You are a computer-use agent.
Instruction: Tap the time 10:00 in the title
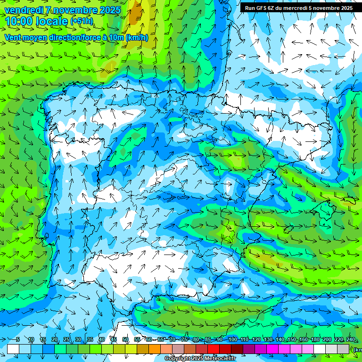pos(20,21)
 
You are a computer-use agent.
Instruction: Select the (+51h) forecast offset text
pos(82,21)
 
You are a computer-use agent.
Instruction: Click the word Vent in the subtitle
pos(13,37)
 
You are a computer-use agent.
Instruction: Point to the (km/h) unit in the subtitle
pos(137,37)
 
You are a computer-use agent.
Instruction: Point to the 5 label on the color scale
pos(17,340)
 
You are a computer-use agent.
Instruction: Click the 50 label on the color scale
pos(125,340)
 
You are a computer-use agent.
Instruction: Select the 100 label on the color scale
pos(233,340)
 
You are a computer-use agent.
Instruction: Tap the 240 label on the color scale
pos(350,340)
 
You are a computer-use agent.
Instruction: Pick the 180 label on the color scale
pos(315,340)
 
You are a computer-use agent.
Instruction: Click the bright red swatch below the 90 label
pos(214,349)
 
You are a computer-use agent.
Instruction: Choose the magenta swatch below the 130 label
pos(272,349)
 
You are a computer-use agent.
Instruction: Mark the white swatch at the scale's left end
pos(13,349)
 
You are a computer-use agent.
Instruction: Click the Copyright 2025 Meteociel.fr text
pos(201,359)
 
